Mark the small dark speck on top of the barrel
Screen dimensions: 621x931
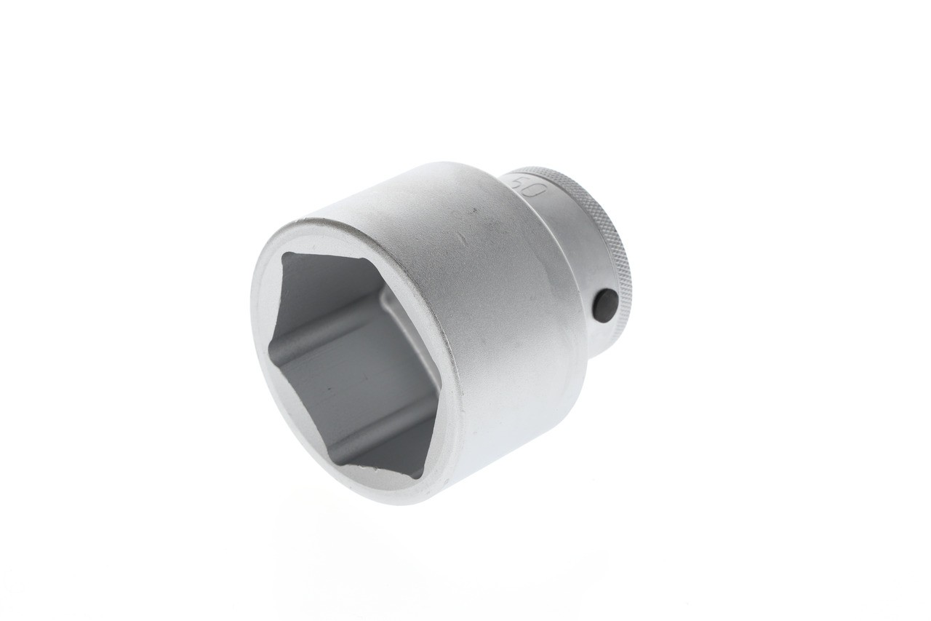point(473,211)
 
